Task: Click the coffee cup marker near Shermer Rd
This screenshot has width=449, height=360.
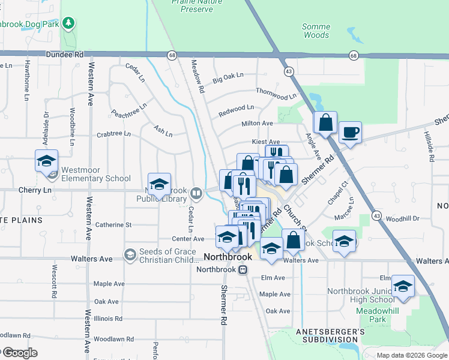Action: pyautogui.click(x=350, y=132)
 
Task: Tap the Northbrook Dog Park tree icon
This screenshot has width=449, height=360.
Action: pyautogui.click(x=69, y=23)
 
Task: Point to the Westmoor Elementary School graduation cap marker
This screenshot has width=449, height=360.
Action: pyautogui.click(x=46, y=161)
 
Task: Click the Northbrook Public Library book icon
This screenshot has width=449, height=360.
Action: pyautogui.click(x=195, y=193)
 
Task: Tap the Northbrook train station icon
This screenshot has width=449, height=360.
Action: pyautogui.click(x=243, y=269)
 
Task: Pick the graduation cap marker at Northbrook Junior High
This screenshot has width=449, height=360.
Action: pyautogui.click(x=403, y=286)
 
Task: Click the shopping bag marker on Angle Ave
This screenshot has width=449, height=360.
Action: pyautogui.click(x=325, y=122)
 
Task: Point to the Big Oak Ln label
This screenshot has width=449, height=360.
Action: pyautogui.click(x=228, y=77)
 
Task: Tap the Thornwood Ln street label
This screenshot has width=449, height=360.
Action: pyautogui.click(x=276, y=94)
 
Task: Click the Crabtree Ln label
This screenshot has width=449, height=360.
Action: pyautogui.click(x=114, y=135)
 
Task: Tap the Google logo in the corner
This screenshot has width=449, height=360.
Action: pyautogui.click(x=19, y=353)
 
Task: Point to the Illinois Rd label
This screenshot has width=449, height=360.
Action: pyautogui.click(x=108, y=319)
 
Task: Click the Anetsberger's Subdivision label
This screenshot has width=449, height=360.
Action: pyautogui.click(x=330, y=336)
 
